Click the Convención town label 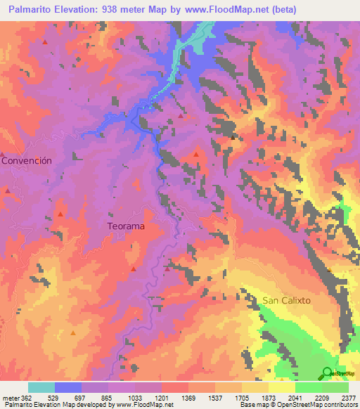coord(27,160)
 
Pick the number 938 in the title coord(111,10)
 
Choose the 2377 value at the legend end coord(347,397)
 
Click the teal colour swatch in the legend coord(41,387)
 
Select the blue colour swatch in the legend coord(68,387)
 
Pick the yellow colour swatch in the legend coord(281,387)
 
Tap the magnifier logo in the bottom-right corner coord(328,373)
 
